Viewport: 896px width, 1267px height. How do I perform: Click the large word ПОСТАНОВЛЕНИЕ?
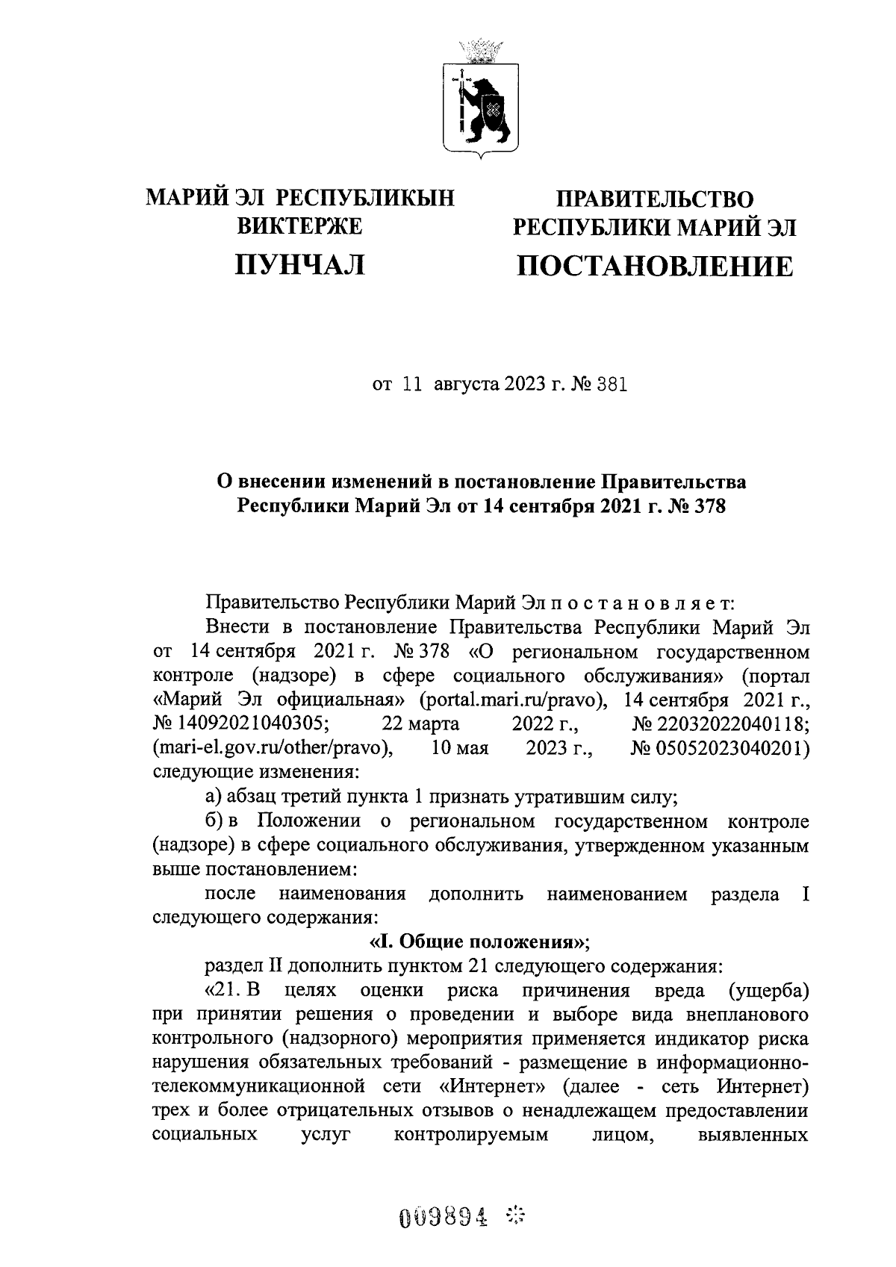(x=655, y=267)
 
